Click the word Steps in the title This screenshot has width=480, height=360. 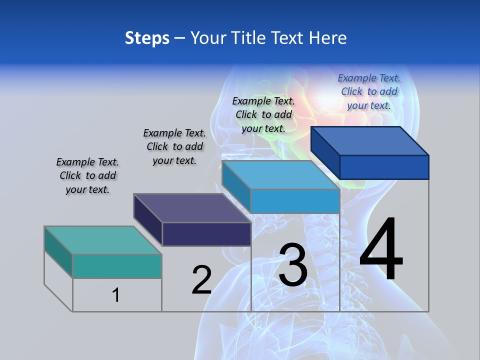tap(147, 38)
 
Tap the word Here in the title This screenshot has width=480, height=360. tap(328, 38)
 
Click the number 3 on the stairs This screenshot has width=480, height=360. tap(293, 265)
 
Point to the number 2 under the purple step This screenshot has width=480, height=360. tap(202, 280)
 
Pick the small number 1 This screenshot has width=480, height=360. tap(115, 295)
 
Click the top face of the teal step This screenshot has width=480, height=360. tap(102, 240)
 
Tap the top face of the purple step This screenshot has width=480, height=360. tap(192, 208)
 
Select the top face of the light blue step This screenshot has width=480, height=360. tap(280, 175)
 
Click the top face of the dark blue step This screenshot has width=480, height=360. tap(369, 140)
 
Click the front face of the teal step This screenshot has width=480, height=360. tap(117, 266)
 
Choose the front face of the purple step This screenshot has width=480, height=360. tap(206, 234)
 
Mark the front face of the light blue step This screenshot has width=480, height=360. tap(295, 201)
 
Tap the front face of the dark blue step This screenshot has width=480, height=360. tap(384, 167)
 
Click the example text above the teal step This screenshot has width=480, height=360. tap(87, 175)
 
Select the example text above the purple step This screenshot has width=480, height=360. tap(174, 146)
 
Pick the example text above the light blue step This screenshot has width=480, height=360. tap(263, 114)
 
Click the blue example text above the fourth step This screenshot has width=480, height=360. tap(369, 91)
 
